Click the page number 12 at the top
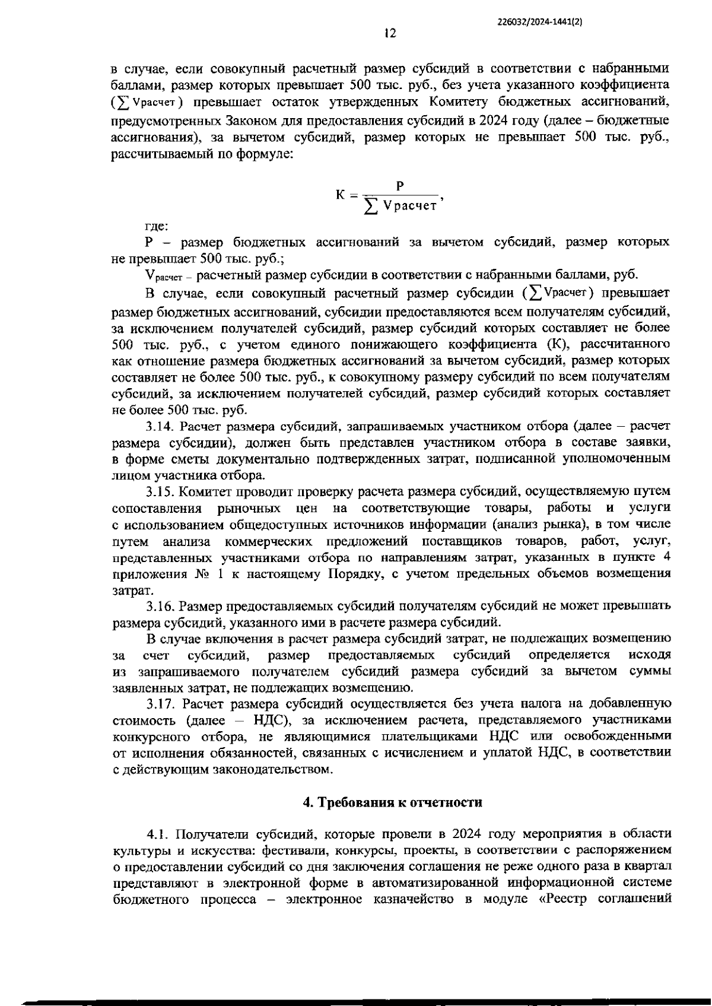coord(390,34)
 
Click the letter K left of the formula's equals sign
coord(341,195)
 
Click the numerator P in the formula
coord(400,186)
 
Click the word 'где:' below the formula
coord(157,226)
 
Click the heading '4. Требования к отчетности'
coord(392,802)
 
